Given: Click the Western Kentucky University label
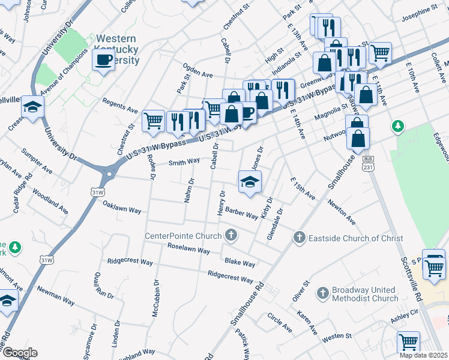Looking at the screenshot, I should click(117, 49).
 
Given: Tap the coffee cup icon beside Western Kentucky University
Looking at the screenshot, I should click(103, 60).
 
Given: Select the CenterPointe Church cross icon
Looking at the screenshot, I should click(230, 235).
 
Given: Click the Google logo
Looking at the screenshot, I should click(19, 353).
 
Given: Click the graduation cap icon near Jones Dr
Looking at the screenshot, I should click(250, 182).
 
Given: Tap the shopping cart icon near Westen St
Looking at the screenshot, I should click(408, 341).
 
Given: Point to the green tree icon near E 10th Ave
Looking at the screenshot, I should click(396, 126).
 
